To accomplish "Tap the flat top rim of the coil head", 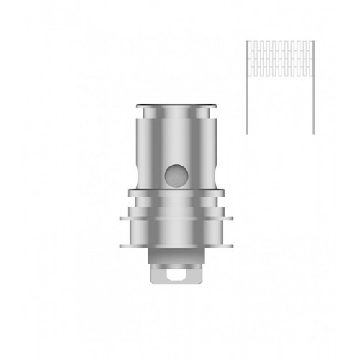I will [179, 102].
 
